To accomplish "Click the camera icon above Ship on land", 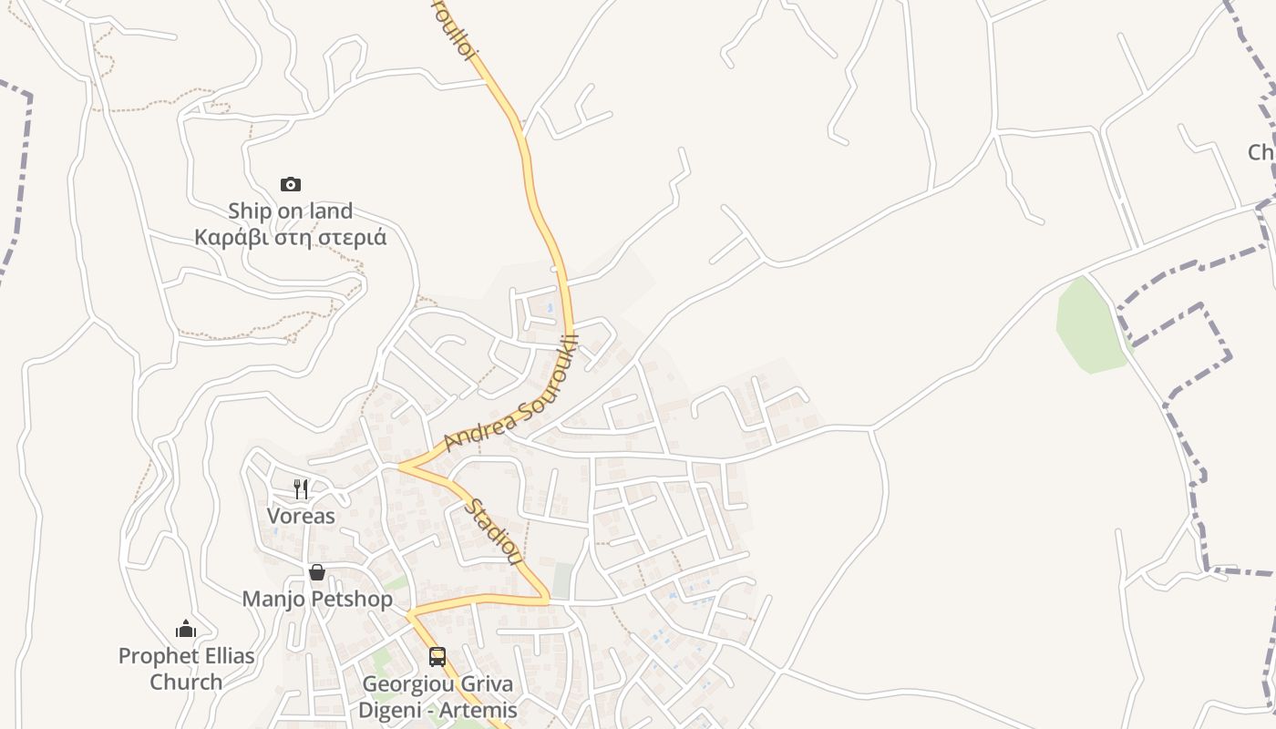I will point(291,185).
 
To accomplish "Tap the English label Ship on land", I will point(290,210).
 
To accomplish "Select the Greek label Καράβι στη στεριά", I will point(290,238).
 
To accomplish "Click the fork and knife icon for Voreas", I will point(301,489).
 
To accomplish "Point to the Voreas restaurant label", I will point(301,516).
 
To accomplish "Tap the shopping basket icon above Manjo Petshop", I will point(317,572).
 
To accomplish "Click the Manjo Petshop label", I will point(317,599).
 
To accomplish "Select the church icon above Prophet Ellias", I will point(186,629).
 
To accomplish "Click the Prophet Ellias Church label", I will point(186,668).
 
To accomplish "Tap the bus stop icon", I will point(437,657).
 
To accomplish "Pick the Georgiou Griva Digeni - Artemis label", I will point(438,697).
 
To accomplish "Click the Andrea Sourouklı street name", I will point(511,396).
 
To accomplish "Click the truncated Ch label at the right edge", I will point(1261,152).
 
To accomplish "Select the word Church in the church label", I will point(186,682).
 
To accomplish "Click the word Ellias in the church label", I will point(224,655).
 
